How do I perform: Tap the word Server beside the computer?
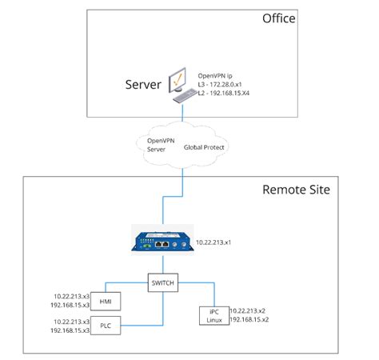tap(144, 84)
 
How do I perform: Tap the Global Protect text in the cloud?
tap(204, 148)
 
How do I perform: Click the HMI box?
tap(106, 302)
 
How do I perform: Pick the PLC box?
tap(106, 326)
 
